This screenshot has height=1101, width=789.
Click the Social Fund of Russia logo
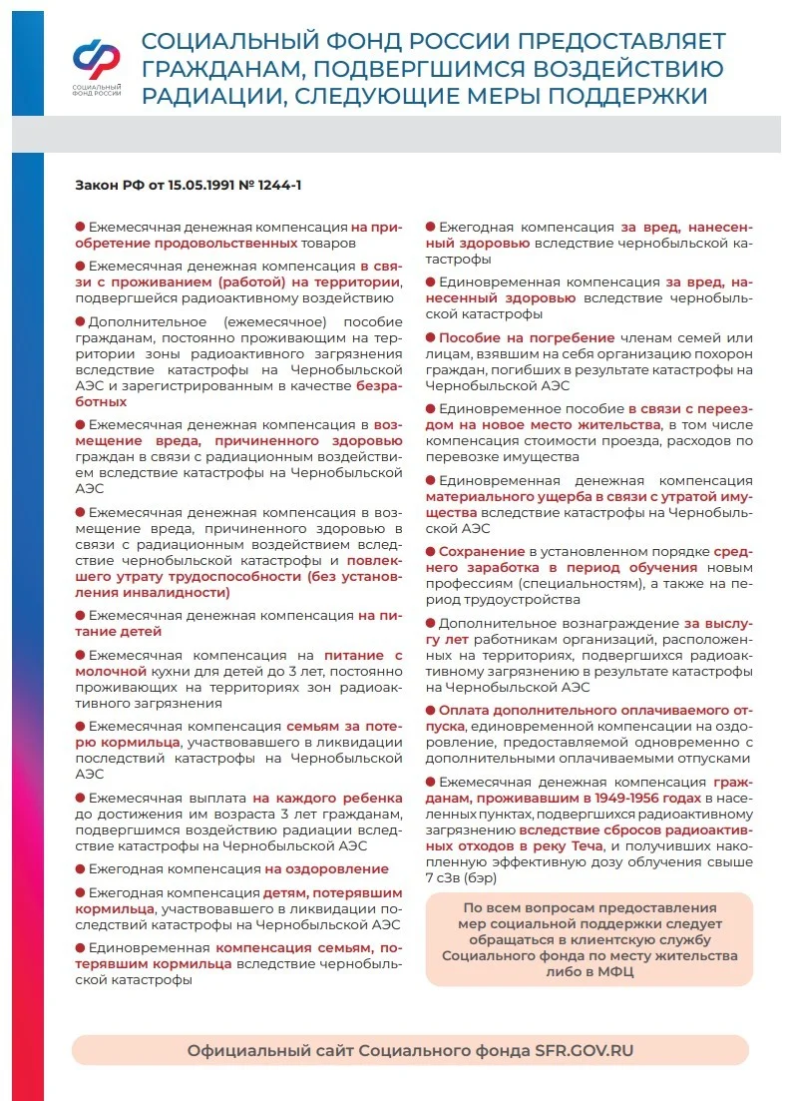click(x=97, y=66)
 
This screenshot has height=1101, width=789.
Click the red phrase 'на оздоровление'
click(x=326, y=868)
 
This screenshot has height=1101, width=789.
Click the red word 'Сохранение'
click(x=482, y=552)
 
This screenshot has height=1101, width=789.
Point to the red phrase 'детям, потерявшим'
click(x=332, y=891)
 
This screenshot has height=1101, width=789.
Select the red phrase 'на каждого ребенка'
click(x=327, y=798)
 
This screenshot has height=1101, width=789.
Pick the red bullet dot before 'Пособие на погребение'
click(x=431, y=338)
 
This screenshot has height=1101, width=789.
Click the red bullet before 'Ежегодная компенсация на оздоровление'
click(x=80, y=869)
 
